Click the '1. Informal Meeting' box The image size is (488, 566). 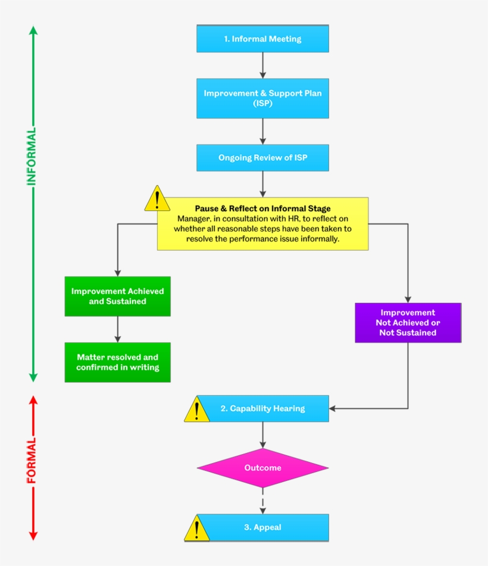click(262, 39)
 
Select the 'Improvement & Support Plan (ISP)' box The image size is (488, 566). click(262, 98)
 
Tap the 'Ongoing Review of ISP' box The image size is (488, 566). click(262, 158)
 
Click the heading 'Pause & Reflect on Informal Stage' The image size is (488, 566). click(262, 209)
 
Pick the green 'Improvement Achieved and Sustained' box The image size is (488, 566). click(117, 296)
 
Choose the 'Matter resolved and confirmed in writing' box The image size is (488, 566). click(117, 362)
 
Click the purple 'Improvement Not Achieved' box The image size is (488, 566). click(408, 323)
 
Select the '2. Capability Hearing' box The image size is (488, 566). click(262, 408)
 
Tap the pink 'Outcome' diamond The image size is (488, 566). click(262, 468)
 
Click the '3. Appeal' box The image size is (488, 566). click(262, 527)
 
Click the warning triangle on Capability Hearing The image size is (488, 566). click(196, 410)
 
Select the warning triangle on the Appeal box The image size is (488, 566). click(196, 529)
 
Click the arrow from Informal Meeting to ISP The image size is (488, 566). click(262, 65)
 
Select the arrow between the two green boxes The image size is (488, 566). click(117, 329)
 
